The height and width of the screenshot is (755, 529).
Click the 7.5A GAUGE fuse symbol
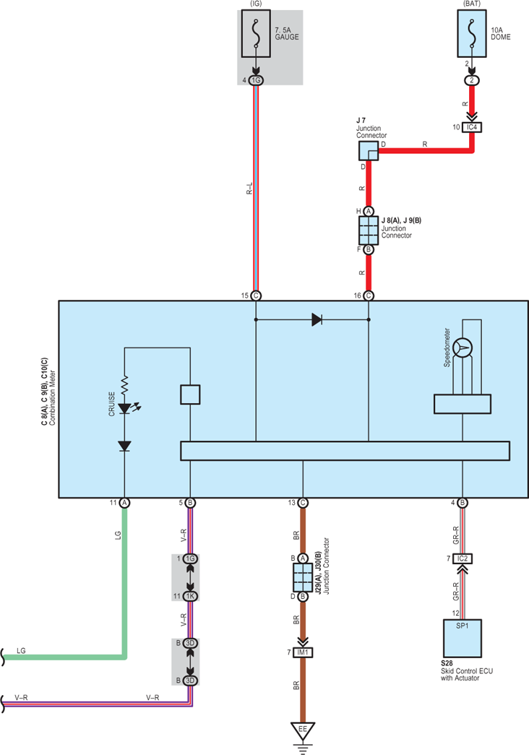pos(256,33)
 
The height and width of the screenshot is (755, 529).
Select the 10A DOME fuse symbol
pos(472,33)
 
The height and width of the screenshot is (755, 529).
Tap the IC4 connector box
pos(472,127)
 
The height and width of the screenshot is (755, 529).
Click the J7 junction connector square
pos(369,151)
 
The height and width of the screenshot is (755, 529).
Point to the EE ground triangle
pos(303,730)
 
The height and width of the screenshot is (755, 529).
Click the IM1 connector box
pos(303,652)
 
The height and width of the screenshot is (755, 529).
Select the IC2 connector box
pos(463,558)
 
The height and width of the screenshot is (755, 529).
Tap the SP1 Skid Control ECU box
pos(463,639)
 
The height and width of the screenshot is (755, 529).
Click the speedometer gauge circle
pos(463,348)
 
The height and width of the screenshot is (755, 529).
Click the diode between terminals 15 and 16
pos(317,319)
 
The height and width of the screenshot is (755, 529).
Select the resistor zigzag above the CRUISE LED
pos(125,386)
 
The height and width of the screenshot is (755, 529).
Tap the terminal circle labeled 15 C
pos(256,295)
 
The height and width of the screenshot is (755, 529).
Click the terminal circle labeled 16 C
pos(369,295)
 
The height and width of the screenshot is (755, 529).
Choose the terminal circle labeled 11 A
pos(124,503)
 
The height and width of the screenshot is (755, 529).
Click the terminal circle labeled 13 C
pos(303,503)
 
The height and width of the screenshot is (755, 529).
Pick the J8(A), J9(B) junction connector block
pos(369,230)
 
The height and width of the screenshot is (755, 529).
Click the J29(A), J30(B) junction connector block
pos(303,577)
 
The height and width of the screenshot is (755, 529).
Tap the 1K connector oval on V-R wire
pos(190,596)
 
